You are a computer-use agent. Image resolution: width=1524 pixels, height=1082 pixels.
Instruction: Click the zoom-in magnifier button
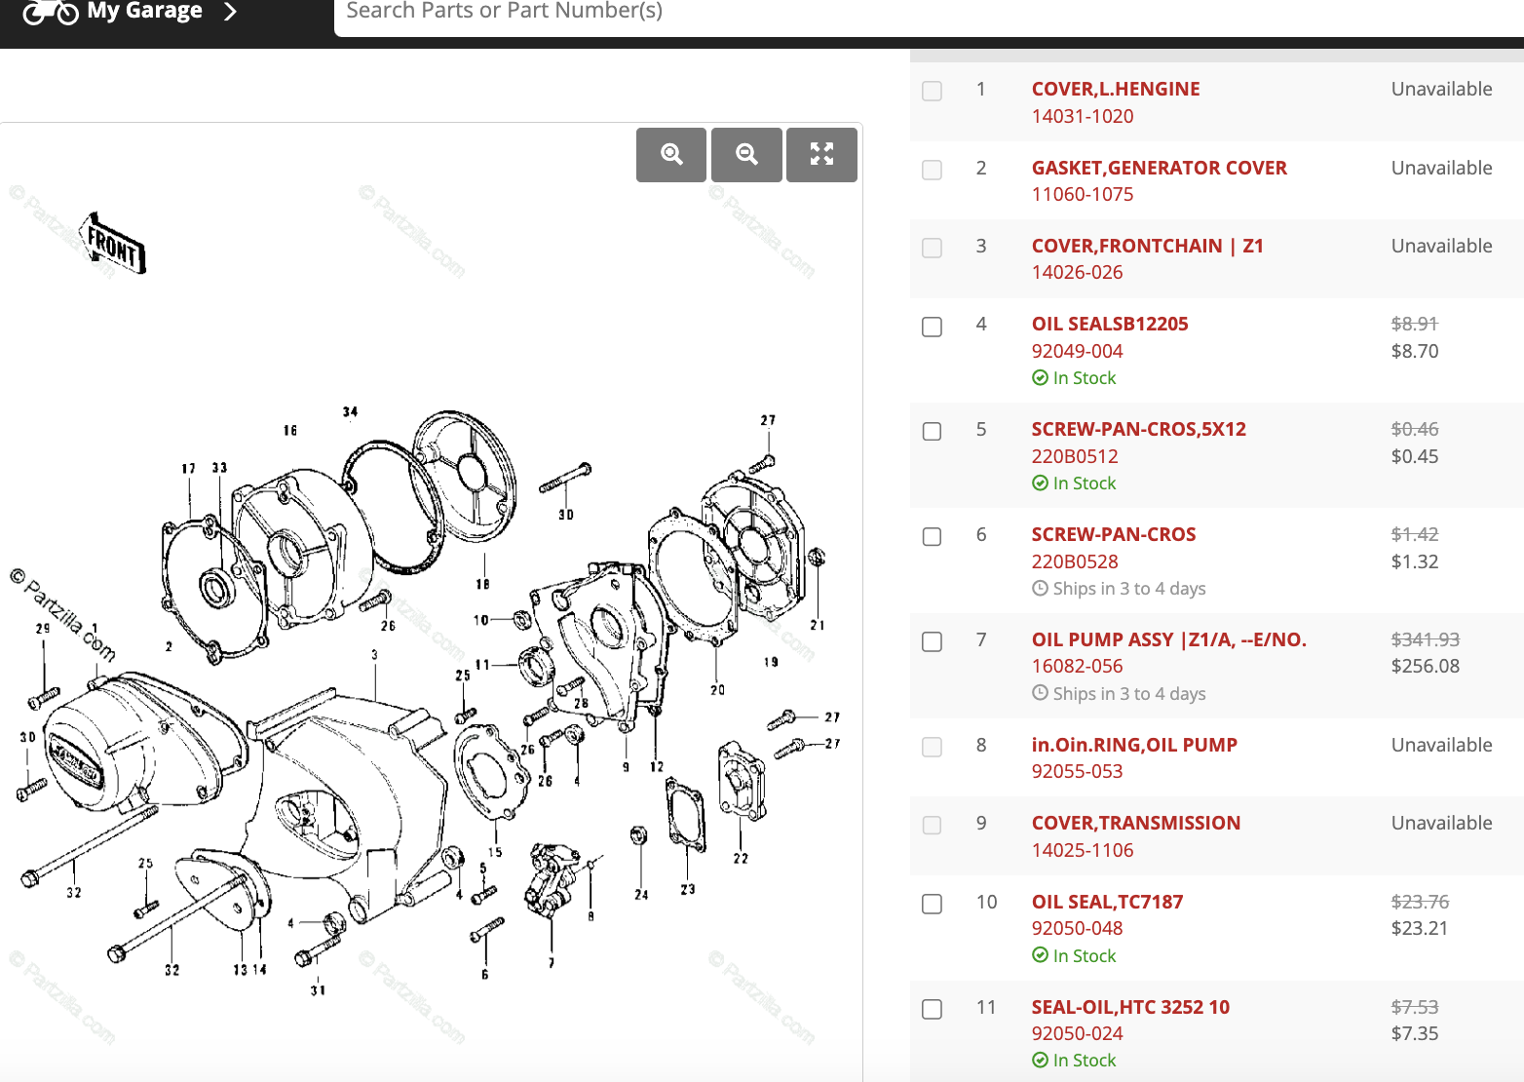coord(671,154)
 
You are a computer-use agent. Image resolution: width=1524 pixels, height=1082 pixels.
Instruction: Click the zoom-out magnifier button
coord(746,154)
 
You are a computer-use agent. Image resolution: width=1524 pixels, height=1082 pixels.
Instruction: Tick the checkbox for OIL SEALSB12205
coord(933,327)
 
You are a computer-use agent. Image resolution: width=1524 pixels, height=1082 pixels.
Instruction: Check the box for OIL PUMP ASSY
coord(933,641)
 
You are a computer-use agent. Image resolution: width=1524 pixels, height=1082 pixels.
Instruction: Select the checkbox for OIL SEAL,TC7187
coord(933,904)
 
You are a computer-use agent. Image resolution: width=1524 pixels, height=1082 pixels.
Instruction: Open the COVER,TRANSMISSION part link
coord(1135,823)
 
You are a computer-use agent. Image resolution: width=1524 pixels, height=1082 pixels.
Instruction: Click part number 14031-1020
coord(1082,116)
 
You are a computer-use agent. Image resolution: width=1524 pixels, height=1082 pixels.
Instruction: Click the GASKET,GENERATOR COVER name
coord(1159,168)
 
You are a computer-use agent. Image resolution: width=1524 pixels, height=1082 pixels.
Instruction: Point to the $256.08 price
coord(1425,666)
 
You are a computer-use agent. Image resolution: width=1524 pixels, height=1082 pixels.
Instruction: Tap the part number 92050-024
coord(1077,1033)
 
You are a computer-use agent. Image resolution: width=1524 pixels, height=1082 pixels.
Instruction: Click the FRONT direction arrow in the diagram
coord(113,244)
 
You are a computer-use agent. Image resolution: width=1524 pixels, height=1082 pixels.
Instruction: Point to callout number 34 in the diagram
coord(350,412)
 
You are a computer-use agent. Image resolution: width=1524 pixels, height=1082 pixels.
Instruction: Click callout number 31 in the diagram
coord(318,990)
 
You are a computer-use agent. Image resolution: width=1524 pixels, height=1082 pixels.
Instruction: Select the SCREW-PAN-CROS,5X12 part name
coord(1138,429)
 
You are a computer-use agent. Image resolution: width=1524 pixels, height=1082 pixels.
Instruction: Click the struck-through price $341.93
coord(1425,639)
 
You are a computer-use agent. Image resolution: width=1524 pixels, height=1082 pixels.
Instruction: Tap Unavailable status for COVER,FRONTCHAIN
coord(1441,246)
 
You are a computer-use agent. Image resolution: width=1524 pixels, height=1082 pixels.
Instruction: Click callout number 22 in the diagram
coord(741,859)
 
